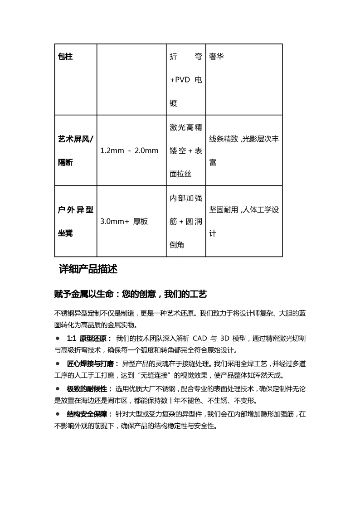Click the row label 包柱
[x=66, y=57]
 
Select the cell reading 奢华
[x=216, y=57]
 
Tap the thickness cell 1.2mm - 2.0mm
[x=129, y=150]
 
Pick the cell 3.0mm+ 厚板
[x=124, y=222]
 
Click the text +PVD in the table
[x=180, y=80]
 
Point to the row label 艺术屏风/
[x=75, y=139]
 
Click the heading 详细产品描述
[x=88, y=269]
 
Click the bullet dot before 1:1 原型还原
[x=58, y=338]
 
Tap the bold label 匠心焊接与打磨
[x=90, y=364]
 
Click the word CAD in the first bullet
[x=200, y=339]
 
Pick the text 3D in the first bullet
[x=226, y=339]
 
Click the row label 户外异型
[x=75, y=210]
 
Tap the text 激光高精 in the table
[x=185, y=127]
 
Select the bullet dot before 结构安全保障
[x=58, y=414]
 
